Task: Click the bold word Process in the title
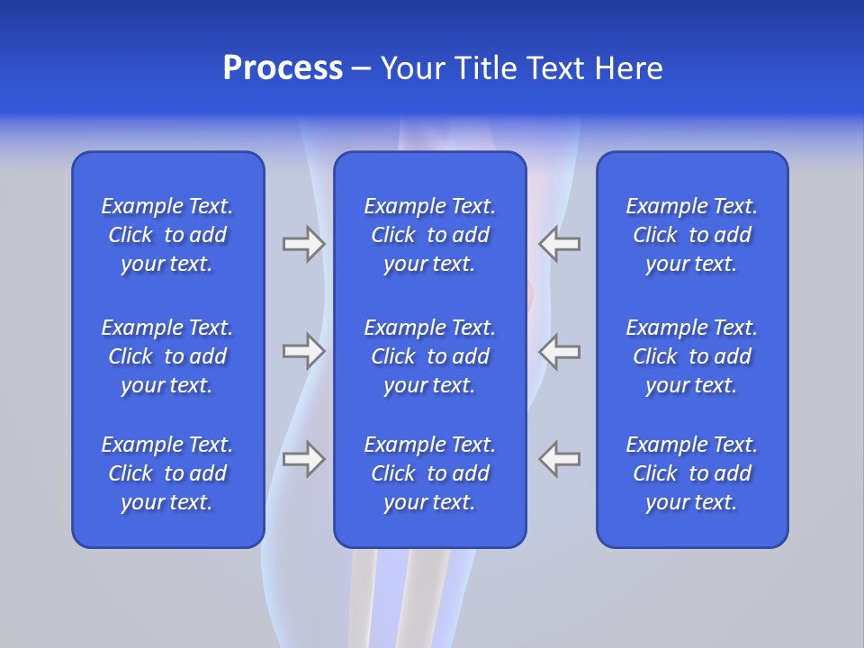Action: click(x=283, y=68)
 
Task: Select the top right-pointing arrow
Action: click(x=303, y=244)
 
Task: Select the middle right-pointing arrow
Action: click(x=303, y=351)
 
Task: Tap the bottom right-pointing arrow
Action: click(x=303, y=459)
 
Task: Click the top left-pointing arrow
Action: click(x=560, y=244)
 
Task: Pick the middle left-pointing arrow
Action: click(x=560, y=351)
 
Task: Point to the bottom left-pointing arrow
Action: click(x=560, y=459)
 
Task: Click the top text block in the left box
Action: click(x=167, y=235)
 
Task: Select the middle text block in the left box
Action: click(x=167, y=356)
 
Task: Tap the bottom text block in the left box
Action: click(x=167, y=473)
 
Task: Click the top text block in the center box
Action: click(x=429, y=235)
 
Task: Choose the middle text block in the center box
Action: click(x=429, y=356)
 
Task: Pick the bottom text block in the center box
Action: click(x=429, y=473)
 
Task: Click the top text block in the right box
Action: click(x=691, y=235)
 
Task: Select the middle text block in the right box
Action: click(x=691, y=356)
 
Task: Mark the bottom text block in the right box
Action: click(x=691, y=473)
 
